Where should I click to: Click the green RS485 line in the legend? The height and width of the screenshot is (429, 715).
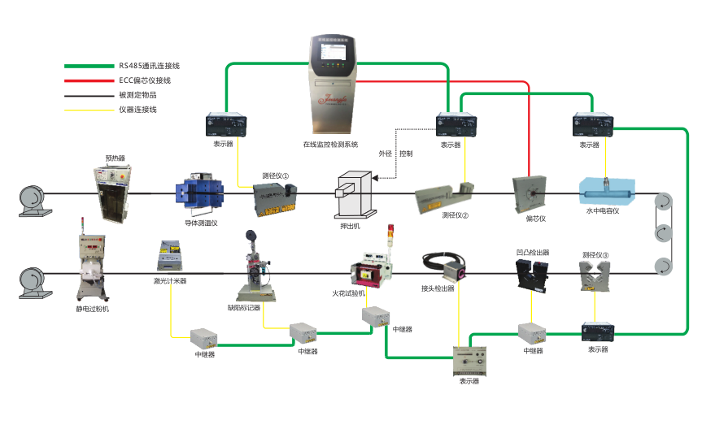[89, 66]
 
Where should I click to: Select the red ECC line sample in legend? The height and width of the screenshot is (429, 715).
[89, 80]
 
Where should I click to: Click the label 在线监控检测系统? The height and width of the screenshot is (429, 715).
[330, 145]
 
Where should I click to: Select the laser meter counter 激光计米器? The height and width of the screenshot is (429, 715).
[171, 257]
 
